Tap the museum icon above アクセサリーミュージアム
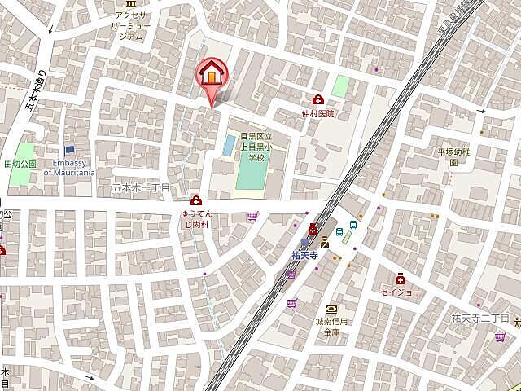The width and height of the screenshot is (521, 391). tap(130, 4)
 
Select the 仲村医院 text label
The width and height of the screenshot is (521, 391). tap(317, 114)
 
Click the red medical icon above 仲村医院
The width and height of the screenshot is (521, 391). tap(317, 99)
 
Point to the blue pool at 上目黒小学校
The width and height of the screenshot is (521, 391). tap(230, 147)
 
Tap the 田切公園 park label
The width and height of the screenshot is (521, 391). tap(20, 164)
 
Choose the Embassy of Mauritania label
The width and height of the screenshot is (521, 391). tap(69, 168)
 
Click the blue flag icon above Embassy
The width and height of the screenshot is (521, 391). tap(69, 150)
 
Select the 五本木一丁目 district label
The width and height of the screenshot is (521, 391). tap(140, 187)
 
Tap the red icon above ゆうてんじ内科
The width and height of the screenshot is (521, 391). tap(195, 200)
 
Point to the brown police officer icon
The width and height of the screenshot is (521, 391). tap(324, 241)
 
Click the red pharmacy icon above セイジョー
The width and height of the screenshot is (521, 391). tap(401, 278)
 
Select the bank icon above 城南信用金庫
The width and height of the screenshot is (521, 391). tap(331, 310)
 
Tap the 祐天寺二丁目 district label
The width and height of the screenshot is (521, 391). tap(480, 318)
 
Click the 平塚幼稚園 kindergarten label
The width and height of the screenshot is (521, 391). tap(453, 156)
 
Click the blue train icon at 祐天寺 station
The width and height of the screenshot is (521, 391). tap(305, 242)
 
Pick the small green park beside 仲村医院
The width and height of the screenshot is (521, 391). tap(339, 86)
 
